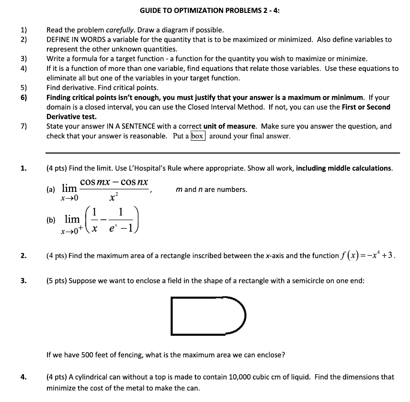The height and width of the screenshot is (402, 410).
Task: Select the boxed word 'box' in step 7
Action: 198,136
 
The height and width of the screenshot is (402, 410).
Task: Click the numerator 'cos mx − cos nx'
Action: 114,182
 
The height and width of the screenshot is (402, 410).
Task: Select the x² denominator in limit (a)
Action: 114,197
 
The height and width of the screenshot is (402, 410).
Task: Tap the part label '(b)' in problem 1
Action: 51,221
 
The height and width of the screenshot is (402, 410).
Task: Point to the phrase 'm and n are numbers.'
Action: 212,190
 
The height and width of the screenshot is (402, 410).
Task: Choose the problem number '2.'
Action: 23,256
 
